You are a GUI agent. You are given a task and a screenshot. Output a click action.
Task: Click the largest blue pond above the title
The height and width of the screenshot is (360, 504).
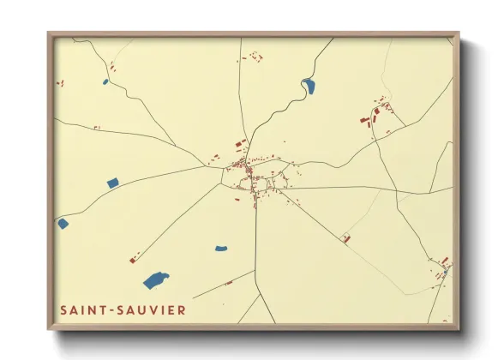click(x=155, y=279)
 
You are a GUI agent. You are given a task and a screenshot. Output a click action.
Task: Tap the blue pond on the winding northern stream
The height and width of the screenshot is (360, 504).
click(x=309, y=85)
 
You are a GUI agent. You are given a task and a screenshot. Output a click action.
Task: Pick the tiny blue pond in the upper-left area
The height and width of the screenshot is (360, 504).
click(x=105, y=82)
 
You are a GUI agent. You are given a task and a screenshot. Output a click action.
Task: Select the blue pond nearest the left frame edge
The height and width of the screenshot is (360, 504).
click(x=63, y=224)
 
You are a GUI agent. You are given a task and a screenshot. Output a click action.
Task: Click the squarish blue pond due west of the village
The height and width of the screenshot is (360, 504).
click(x=112, y=183)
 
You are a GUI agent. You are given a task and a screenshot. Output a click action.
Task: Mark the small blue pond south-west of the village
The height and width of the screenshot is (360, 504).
click(x=221, y=249)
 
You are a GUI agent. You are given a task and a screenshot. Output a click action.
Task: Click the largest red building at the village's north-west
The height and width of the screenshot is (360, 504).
click(x=241, y=142)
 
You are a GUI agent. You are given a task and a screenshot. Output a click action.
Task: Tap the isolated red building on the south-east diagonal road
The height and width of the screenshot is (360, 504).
click(x=346, y=238)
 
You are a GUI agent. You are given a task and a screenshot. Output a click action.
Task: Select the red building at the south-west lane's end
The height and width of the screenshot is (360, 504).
click(x=133, y=258)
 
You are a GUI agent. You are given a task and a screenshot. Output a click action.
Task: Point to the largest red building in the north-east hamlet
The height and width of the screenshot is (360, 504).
click(x=364, y=120)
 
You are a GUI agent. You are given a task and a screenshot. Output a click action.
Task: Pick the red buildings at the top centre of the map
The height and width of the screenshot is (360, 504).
click(x=254, y=57)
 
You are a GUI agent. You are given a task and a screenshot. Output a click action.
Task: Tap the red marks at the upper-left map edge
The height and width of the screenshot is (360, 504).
click(x=60, y=83)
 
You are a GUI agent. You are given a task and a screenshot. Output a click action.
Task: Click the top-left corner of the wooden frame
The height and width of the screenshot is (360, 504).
click(x=50, y=33)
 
